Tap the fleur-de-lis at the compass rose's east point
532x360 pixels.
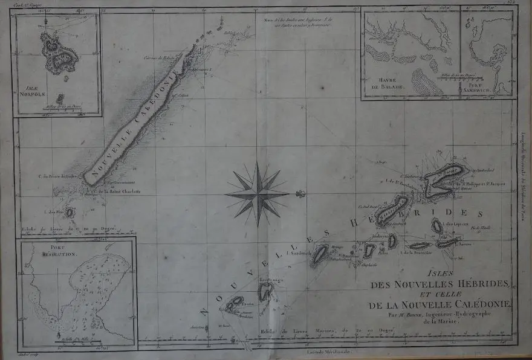298,194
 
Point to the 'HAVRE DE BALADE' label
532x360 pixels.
384,85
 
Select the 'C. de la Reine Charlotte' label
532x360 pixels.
115,191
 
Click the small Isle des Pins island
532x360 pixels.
70,213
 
